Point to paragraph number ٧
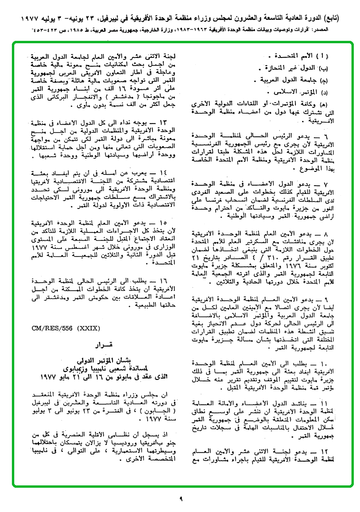point(335,183)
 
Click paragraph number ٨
point(335,235)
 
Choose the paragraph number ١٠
point(334,363)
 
